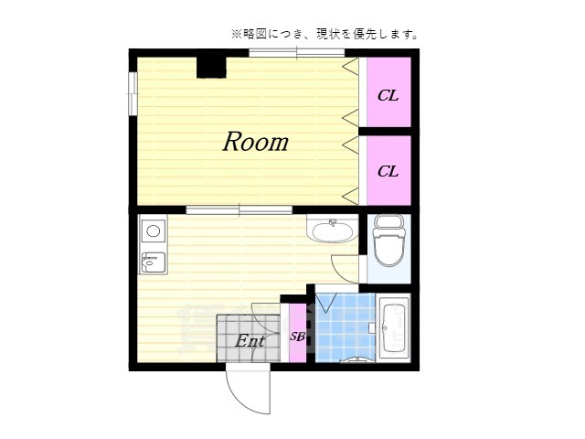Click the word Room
(x=255, y=142)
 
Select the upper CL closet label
(x=388, y=95)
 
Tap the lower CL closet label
(x=388, y=171)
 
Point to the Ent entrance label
(x=250, y=341)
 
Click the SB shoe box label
(x=297, y=336)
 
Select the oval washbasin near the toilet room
(x=332, y=229)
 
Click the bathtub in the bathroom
(x=394, y=327)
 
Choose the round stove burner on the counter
(x=153, y=230)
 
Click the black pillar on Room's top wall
(x=211, y=66)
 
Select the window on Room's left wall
(x=133, y=94)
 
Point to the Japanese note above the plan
(x=324, y=34)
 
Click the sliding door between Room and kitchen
(x=239, y=209)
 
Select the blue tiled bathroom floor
(x=346, y=329)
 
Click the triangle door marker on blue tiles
(x=326, y=298)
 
